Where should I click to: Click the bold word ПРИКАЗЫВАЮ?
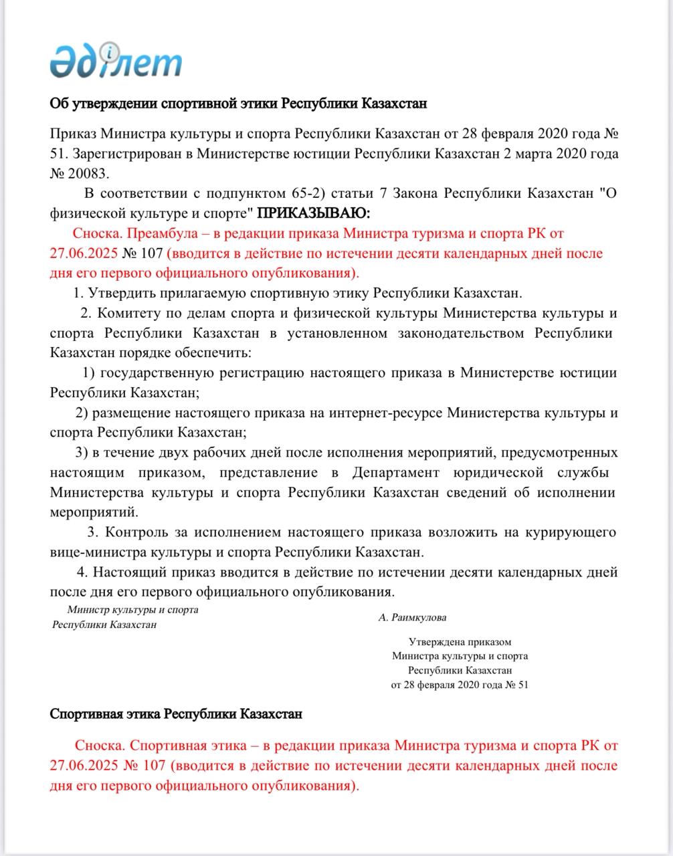coord(314,213)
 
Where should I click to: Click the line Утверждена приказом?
coord(460,642)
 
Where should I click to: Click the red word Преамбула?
coord(158,233)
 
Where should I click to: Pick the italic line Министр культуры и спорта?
coord(132,610)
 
